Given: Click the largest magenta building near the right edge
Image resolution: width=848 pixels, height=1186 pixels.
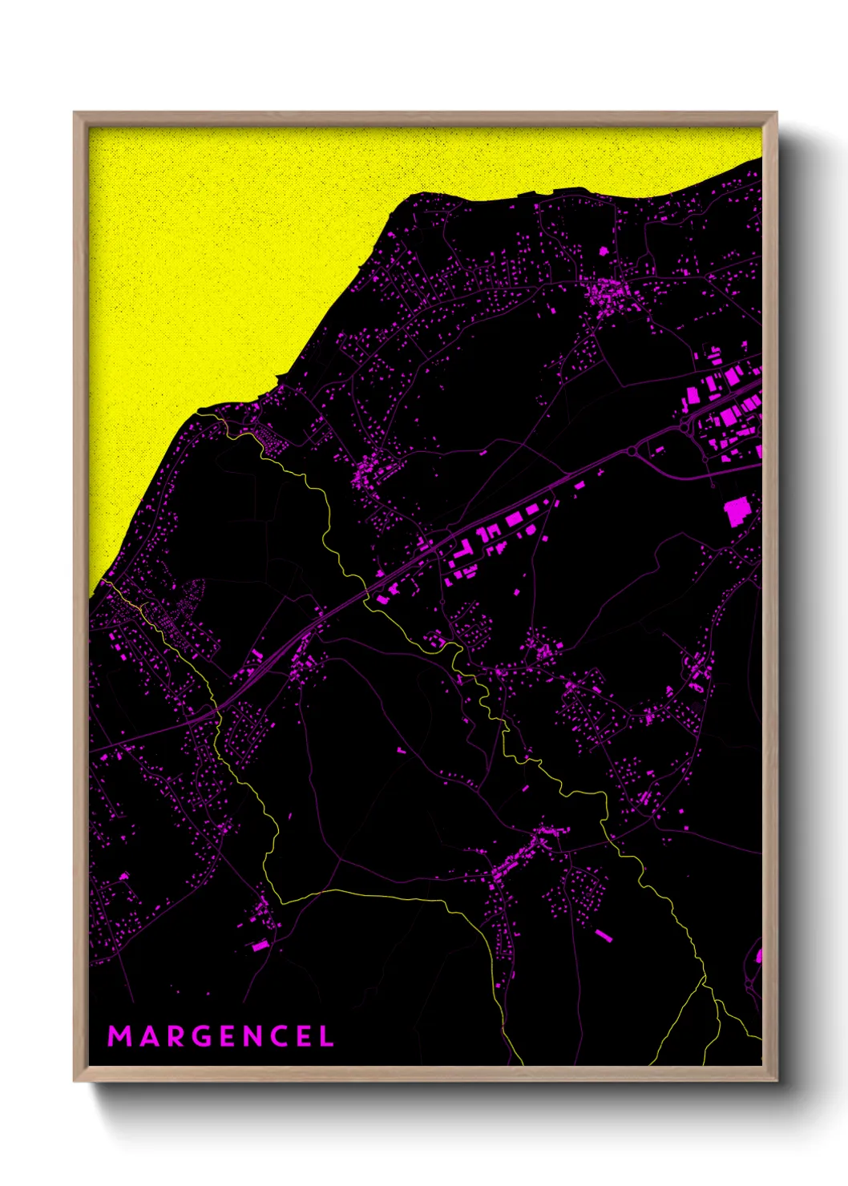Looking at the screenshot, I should (x=737, y=510).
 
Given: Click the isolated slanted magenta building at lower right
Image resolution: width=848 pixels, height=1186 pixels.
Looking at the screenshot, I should (x=604, y=934).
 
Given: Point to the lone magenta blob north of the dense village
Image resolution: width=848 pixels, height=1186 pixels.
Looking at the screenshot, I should (x=604, y=251).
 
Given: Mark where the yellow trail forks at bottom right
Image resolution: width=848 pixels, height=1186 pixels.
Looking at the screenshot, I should (x=704, y=980).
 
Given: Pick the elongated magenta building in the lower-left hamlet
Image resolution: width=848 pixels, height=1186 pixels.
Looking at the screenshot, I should (x=260, y=946).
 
